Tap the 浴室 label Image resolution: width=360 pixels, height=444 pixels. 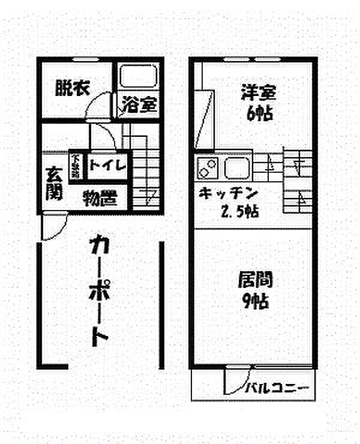click(140, 105)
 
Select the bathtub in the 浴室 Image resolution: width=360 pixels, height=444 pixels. click(139, 77)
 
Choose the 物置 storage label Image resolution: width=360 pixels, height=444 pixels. click(100, 197)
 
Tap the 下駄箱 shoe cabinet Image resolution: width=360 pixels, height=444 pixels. click(76, 165)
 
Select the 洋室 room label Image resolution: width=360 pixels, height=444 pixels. click(259, 93)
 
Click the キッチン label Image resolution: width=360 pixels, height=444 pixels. click(229, 194)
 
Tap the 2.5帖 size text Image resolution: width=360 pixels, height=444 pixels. click(240, 212)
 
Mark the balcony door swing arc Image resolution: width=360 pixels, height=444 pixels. click(237, 381)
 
